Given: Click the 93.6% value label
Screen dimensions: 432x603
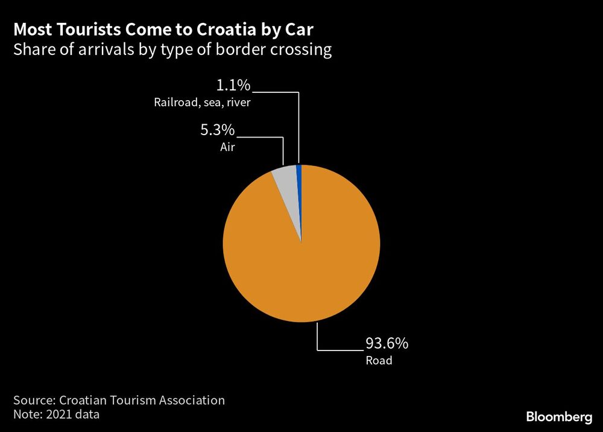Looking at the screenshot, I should point(387,344).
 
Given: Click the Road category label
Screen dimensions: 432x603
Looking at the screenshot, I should point(379,361).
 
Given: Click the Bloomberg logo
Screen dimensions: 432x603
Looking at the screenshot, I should point(559,417).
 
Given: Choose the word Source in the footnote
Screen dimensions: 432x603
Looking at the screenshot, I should point(33,400).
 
